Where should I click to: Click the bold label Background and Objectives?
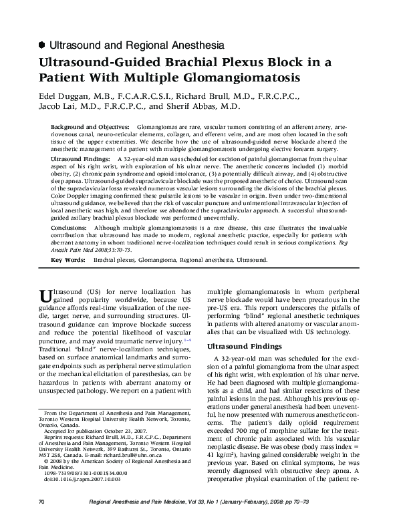pyautogui.click(x=91, y=126)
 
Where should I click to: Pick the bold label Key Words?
pyautogui.click(x=67, y=257)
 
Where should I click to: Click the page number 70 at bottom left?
pyautogui.click(x=41, y=501)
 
